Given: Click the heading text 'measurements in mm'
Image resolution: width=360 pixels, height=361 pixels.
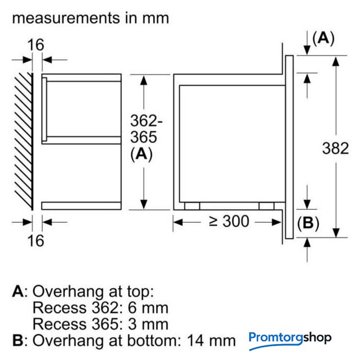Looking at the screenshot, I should pos(90,17).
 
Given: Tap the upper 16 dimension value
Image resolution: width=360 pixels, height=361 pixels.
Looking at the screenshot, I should pos(35,44).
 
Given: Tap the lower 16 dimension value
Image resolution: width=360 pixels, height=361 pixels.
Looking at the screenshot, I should pos(35,240).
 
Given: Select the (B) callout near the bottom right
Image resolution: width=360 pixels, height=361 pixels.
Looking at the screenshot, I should pos(308,223).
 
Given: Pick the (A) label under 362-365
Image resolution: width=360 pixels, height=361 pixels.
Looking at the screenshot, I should pos(141,155).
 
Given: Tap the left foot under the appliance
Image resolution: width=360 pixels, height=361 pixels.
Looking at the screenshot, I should pos(192,206).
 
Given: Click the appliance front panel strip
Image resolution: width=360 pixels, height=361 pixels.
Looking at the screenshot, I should pos(289,147).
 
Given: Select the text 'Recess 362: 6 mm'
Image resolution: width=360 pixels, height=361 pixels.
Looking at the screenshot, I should pos(100,308).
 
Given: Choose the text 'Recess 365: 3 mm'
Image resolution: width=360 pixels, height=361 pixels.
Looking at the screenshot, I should pos(100,324).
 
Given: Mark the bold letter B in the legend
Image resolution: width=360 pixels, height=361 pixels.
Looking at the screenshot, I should pos(17,341).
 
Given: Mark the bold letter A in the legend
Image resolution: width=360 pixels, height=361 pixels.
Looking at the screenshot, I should pos(17,292).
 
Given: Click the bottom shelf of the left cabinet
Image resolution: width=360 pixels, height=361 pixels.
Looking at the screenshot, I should pos(82,205).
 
